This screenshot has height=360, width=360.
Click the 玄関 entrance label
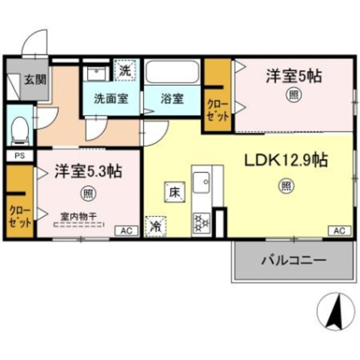tap(35, 80)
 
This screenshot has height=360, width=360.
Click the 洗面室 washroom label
tap(111, 99)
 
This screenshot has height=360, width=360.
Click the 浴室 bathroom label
tap(172, 99)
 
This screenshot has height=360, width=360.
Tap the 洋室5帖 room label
tap(293, 76)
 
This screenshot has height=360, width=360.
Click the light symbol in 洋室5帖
tap(293, 95)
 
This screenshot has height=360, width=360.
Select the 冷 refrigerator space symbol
tap(156, 226)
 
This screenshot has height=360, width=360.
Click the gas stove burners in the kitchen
tap(202, 223)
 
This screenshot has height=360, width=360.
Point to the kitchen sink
tap(202, 183)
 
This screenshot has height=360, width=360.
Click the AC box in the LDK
tap(339, 230)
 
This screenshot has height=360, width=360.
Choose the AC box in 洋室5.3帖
tap(126, 231)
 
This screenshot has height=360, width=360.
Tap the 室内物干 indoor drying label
tap(78, 217)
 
